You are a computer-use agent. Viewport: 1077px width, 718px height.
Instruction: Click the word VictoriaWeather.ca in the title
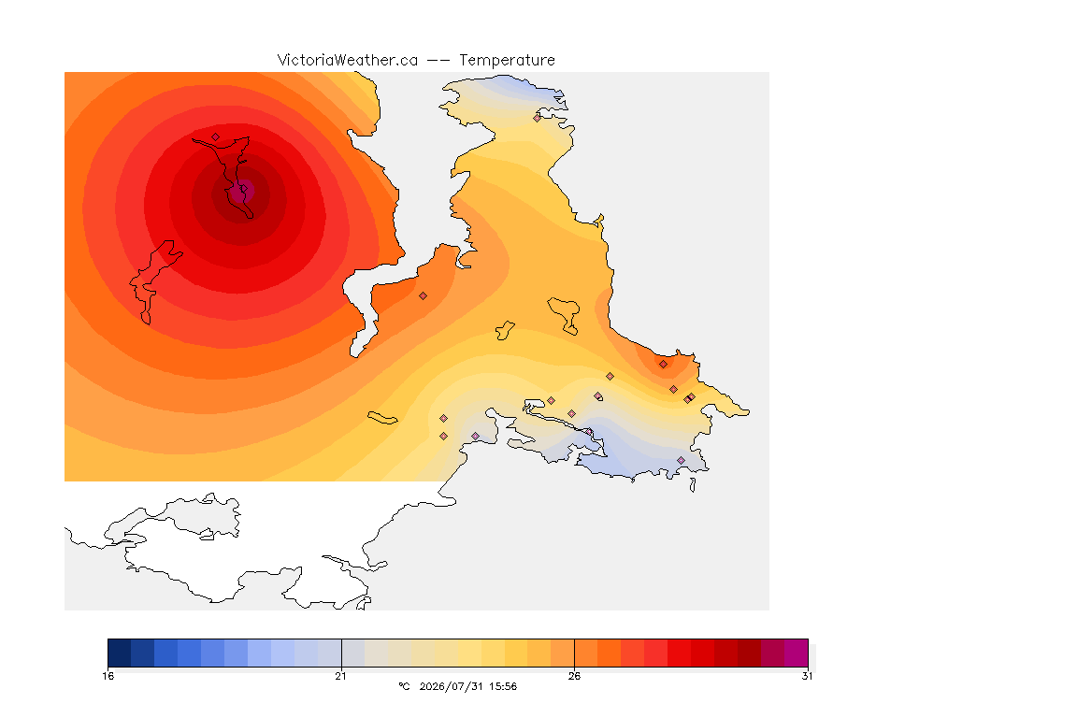click(x=348, y=61)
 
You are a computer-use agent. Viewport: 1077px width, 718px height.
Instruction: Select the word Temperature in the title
click(x=507, y=61)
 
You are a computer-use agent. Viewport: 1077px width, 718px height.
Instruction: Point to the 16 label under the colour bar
click(x=108, y=676)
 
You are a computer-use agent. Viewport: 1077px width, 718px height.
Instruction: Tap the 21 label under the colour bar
click(x=340, y=676)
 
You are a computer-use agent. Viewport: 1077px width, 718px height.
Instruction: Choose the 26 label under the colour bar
click(x=574, y=676)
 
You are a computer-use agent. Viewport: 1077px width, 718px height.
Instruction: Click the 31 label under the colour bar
click(x=807, y=676)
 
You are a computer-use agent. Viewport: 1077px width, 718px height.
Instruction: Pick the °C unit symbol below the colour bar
click(x=404, y=686)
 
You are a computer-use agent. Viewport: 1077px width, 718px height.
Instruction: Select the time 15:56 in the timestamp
click(x=503, y=686)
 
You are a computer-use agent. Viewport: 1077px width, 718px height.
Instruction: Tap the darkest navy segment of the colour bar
click(x=120, y=653)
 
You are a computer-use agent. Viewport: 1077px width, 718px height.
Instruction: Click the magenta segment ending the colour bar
click(x=797, y=653)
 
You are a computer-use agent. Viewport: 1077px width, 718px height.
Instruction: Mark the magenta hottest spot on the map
click(x=241, y=191)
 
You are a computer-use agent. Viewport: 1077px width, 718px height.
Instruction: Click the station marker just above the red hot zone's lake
click(x=216, y=136)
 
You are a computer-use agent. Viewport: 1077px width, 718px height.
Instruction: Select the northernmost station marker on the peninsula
click(x=538, y=118)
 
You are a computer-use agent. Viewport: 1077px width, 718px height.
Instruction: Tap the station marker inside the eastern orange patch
click(x=663, y=365)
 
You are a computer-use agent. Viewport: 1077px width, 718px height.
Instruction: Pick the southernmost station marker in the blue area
click(x=681, y=460)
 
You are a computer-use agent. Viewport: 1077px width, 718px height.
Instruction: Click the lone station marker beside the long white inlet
click(x=424, y=295)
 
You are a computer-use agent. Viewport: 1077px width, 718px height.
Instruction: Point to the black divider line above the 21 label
click(x=341, y=653)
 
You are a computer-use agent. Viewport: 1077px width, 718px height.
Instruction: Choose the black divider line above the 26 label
click(x=574, y=653)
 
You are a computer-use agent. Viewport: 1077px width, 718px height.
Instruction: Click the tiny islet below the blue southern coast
click(x=693, y=485)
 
